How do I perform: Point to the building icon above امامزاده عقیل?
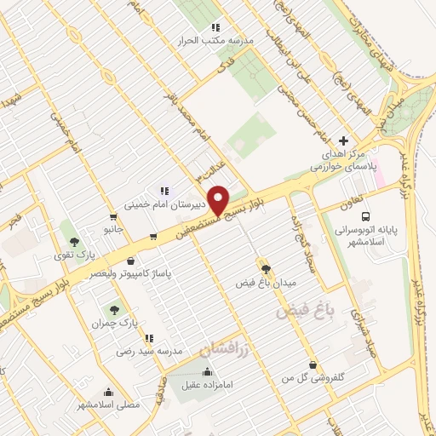click(x=207, y=371)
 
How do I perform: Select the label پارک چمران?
click(x=113, y=323)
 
